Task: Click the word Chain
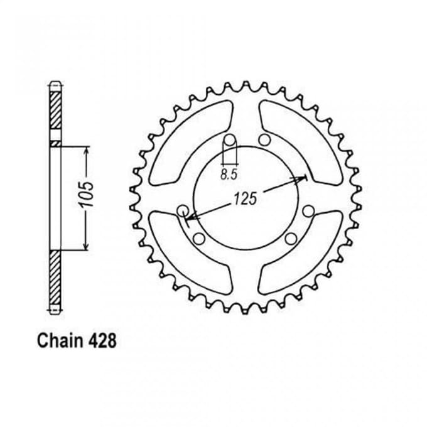point(60,341)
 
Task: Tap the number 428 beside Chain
point(102,341)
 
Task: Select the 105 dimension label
point(87,193)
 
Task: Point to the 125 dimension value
point(246,198)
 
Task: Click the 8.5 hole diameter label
point(229,175)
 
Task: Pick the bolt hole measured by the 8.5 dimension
point(229,140)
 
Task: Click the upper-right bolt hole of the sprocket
point(264,140)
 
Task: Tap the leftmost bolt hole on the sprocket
point(183,210)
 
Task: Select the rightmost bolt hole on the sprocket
point(308,211)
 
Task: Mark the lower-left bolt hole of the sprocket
point(199,239)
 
